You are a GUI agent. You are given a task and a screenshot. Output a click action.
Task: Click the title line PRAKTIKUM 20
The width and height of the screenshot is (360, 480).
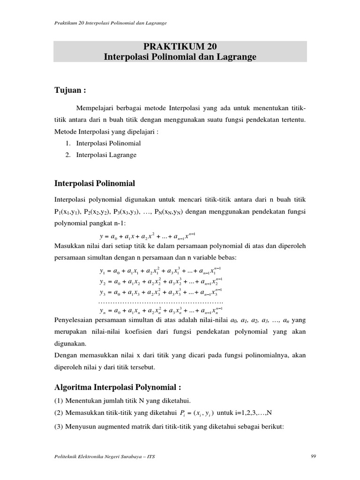180,47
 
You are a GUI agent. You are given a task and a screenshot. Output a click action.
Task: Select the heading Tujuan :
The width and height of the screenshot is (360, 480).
71,90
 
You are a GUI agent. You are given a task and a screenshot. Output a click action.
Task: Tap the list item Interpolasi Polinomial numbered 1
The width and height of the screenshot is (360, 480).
109,143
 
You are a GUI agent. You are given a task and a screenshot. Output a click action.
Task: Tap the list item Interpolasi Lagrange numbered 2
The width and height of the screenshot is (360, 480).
106,155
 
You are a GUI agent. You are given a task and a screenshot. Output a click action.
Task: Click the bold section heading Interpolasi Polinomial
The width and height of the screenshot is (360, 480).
95,182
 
